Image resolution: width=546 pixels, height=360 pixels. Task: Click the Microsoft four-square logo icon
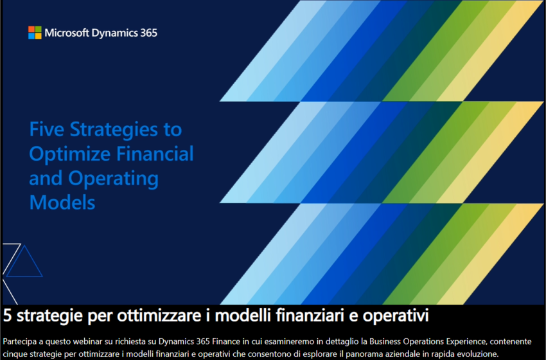point(35,32)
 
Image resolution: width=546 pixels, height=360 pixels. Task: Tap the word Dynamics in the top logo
point(114,33)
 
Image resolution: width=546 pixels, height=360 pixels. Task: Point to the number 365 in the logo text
point(148,32)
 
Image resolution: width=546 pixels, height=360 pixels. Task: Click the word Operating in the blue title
point(115,179)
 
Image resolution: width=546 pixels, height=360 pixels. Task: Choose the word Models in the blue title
point(62,203)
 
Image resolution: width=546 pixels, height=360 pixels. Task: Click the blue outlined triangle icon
point(24,262)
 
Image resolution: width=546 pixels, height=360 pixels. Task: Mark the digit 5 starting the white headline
point(7,316)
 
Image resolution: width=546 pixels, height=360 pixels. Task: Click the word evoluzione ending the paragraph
point(475,353)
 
